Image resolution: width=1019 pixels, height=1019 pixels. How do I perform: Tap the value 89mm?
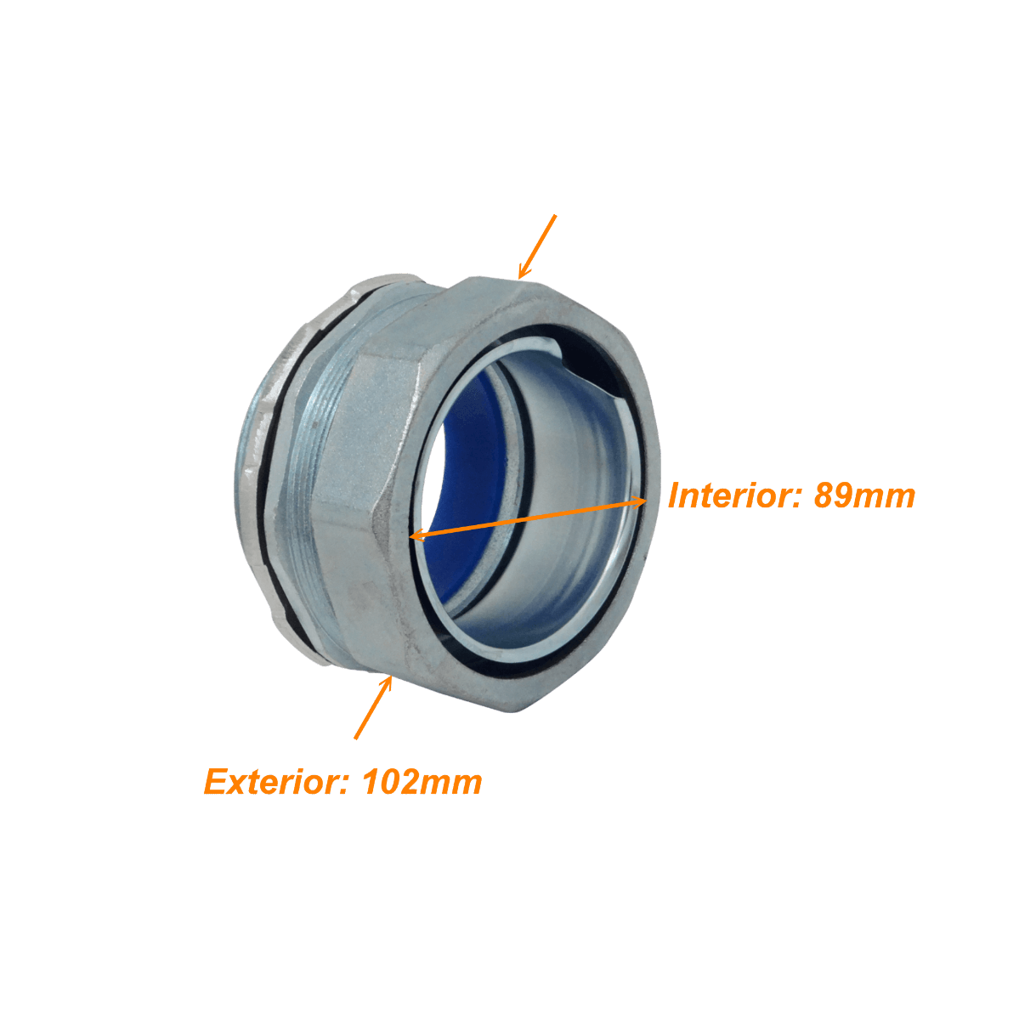pos(864,495)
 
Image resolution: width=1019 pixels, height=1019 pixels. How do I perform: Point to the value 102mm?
pos(422,782)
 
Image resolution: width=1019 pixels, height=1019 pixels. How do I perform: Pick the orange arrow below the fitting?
pos(374,707)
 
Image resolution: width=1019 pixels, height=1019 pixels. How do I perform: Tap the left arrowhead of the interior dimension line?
pos(418,535)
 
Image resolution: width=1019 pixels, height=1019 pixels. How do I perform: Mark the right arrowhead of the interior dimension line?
pos(638,501)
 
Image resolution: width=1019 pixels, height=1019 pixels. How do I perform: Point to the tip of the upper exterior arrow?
pos(519,279)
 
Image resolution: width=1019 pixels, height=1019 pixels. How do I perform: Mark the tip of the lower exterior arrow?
pos(392,677)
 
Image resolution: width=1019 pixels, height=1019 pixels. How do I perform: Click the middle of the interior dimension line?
pos(529,518)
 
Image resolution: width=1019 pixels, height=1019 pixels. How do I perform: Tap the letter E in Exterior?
pos(215,782)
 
